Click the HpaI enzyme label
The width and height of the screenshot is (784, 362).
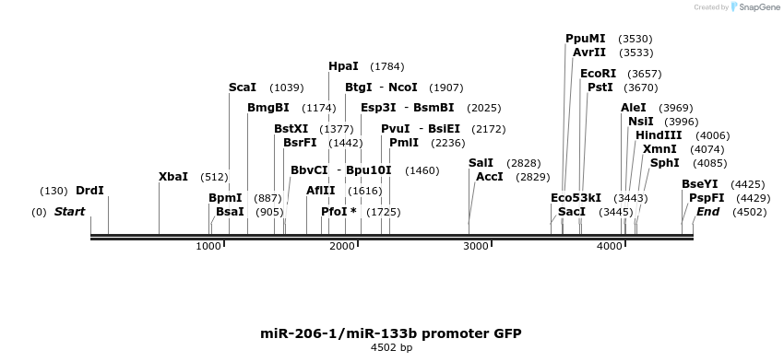343,66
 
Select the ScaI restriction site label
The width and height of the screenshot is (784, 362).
243,88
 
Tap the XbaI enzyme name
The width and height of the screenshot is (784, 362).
173,176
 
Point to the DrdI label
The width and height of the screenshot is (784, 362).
89,191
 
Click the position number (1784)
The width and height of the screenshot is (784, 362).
386,66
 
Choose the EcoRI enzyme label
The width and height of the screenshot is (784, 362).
599,73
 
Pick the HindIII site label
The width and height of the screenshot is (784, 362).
659,134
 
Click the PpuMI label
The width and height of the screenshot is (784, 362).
586,39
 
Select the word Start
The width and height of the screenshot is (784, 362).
69,212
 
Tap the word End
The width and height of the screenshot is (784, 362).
707,212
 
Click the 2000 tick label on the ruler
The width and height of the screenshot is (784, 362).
342,246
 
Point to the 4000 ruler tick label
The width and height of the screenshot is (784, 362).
610,246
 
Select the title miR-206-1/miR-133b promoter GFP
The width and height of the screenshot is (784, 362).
391,333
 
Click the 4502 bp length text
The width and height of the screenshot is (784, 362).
391,348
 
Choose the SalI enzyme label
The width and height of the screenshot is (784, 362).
481,162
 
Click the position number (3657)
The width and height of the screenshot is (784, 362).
644,73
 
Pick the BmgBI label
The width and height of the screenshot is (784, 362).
268,108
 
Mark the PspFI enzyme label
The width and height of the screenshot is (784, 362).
706,198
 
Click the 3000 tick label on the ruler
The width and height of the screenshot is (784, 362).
476,246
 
